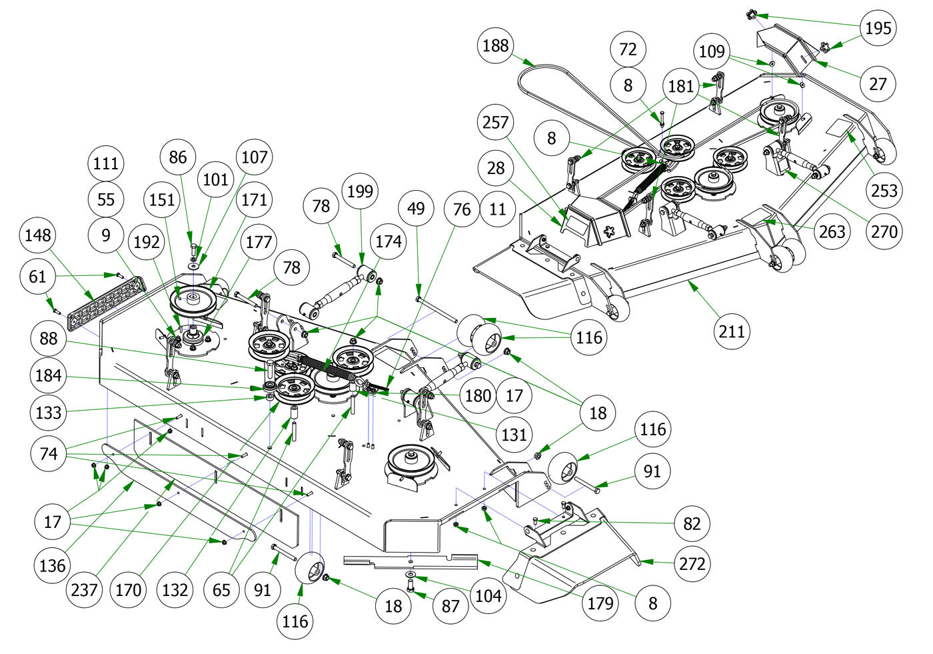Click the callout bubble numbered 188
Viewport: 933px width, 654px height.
pyautogui.click(x=495, y=45)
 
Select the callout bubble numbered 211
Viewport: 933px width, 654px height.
pyautogui.click(x=732, y=331)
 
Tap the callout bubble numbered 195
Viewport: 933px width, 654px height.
pyautogui.click(x=878, y=28)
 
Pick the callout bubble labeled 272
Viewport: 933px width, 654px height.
pyautogui.click(x=692, y=564)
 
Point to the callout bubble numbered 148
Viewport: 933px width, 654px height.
pyautogui.click(x=37, y=235)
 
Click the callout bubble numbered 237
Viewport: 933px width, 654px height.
pyautogui.click(x=84, y=589)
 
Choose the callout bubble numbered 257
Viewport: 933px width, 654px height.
pyautogui.click(x=495, y=123)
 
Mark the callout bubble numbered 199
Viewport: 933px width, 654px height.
pyautogui.click(x=361, y=191)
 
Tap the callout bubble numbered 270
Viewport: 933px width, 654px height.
pyautogui.click(x=884, y=231)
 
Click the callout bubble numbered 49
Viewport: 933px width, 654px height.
pyautogui.click(x=416, y=209)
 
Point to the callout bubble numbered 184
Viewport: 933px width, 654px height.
pyautogui.click(x=48, y=375)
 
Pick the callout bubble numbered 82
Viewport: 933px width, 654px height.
pyautogui.click(x=692, y=523)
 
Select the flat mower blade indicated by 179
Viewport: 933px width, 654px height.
pyautogui.click(x=410, y=562)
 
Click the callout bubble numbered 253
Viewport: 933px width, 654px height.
pyautogui.click(x=884, y=190)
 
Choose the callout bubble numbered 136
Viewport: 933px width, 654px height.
pyautogui.click(x=52, y=566)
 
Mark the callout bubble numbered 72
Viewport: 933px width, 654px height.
pyautogui.click(x=628, y=49)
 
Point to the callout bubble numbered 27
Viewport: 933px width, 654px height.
pyautogui.click(x=878, y=83)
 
